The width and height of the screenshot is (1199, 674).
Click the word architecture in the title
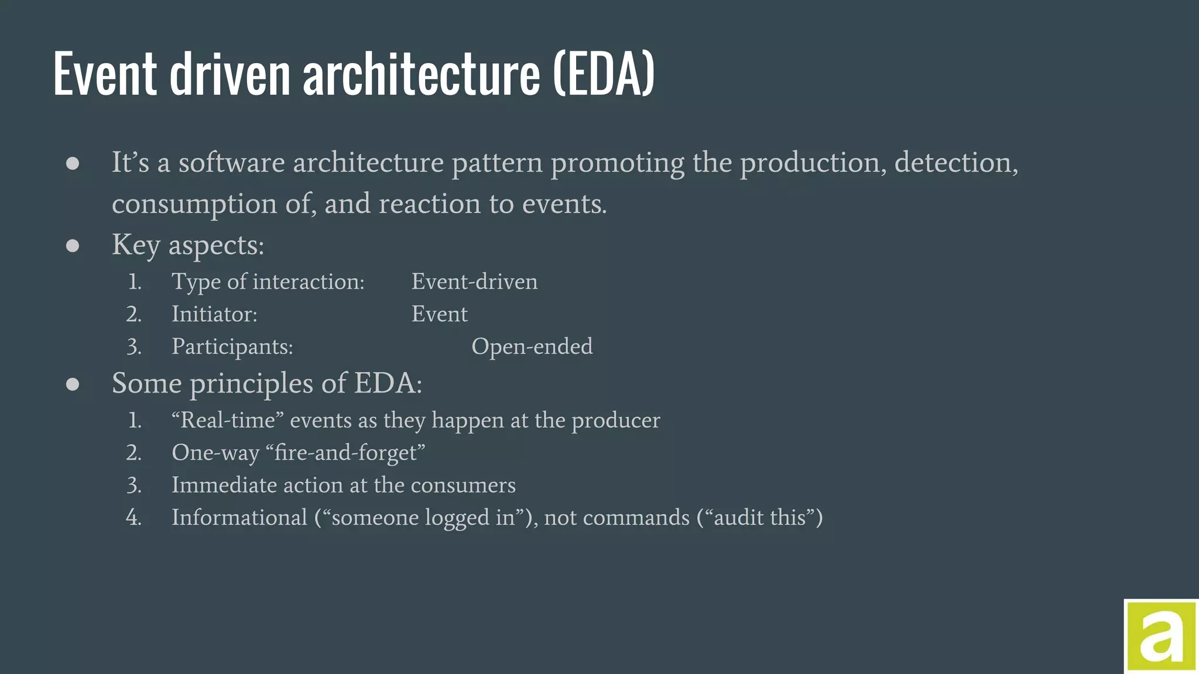(421, 74)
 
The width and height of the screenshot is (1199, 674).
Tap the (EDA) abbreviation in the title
(604, 74)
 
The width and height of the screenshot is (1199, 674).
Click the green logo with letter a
(1161, 637)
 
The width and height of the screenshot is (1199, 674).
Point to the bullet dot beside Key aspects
(73, 246)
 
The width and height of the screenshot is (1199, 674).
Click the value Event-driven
(474, 282)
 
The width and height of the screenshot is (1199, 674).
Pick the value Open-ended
(532, 346)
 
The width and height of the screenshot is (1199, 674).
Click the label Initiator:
(214, 315)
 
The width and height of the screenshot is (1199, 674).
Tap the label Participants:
(232, 347)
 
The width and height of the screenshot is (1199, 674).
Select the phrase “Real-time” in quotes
(227, 420)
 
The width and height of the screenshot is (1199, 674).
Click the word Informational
(239, 518)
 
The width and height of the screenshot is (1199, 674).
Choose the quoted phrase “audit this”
(759, 518)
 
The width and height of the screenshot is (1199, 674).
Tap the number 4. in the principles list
(134, 518)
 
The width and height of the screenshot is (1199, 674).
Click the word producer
(615, 421)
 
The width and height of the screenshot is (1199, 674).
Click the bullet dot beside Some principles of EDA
(73, 384)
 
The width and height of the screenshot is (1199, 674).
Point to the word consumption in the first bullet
(194, 204)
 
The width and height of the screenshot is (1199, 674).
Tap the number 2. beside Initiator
(134, 315)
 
